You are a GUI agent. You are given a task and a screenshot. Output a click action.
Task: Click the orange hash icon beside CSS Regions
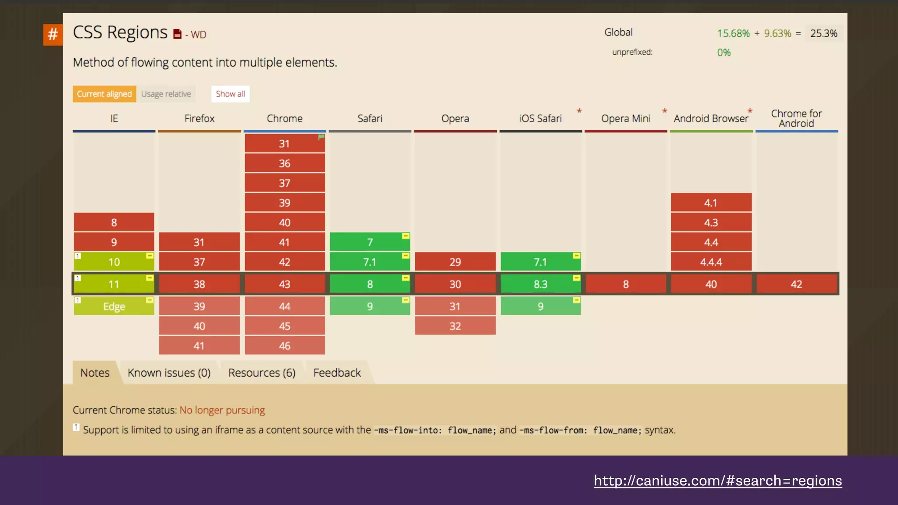(x=53, y=34)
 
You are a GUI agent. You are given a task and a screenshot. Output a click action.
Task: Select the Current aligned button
(x=104, y=94)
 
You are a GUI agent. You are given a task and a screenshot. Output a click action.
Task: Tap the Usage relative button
(x=166, y=94)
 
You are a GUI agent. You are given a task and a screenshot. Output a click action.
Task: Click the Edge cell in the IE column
(x=114, y=306)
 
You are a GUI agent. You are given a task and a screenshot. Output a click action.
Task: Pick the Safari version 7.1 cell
(x=370, y=262)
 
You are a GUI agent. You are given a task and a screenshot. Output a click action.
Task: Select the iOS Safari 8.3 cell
(x=540, y=284)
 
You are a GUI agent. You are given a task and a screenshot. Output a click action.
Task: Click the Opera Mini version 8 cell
(x=626, y=284)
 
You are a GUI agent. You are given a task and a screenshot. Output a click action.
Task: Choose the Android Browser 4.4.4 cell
(x=711, y=262)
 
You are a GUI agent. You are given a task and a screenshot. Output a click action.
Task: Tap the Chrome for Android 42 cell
(x=796, y=284)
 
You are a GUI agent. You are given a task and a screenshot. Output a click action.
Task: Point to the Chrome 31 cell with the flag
(x=285, y=144)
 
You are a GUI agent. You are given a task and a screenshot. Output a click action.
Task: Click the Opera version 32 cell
(x=455, y=326)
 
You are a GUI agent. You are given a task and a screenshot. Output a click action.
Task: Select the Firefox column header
(x=199, y=118)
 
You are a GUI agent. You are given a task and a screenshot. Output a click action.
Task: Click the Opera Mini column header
(x=626, y=118)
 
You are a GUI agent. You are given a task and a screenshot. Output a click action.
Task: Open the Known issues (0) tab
(x=169, y=373)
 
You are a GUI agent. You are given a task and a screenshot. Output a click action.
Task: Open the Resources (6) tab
(x=262, y=373)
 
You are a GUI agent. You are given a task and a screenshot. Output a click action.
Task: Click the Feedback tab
(x=337, y=373)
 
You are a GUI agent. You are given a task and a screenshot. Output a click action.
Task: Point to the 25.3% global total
(x=823, y=33)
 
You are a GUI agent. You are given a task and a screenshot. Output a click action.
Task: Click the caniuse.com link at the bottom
(x=718, y=480)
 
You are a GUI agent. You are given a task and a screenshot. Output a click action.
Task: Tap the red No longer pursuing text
(x=222, y=410)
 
